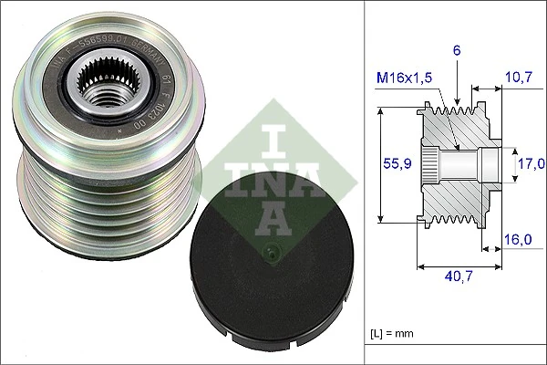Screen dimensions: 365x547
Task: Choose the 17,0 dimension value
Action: coord(532,164)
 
